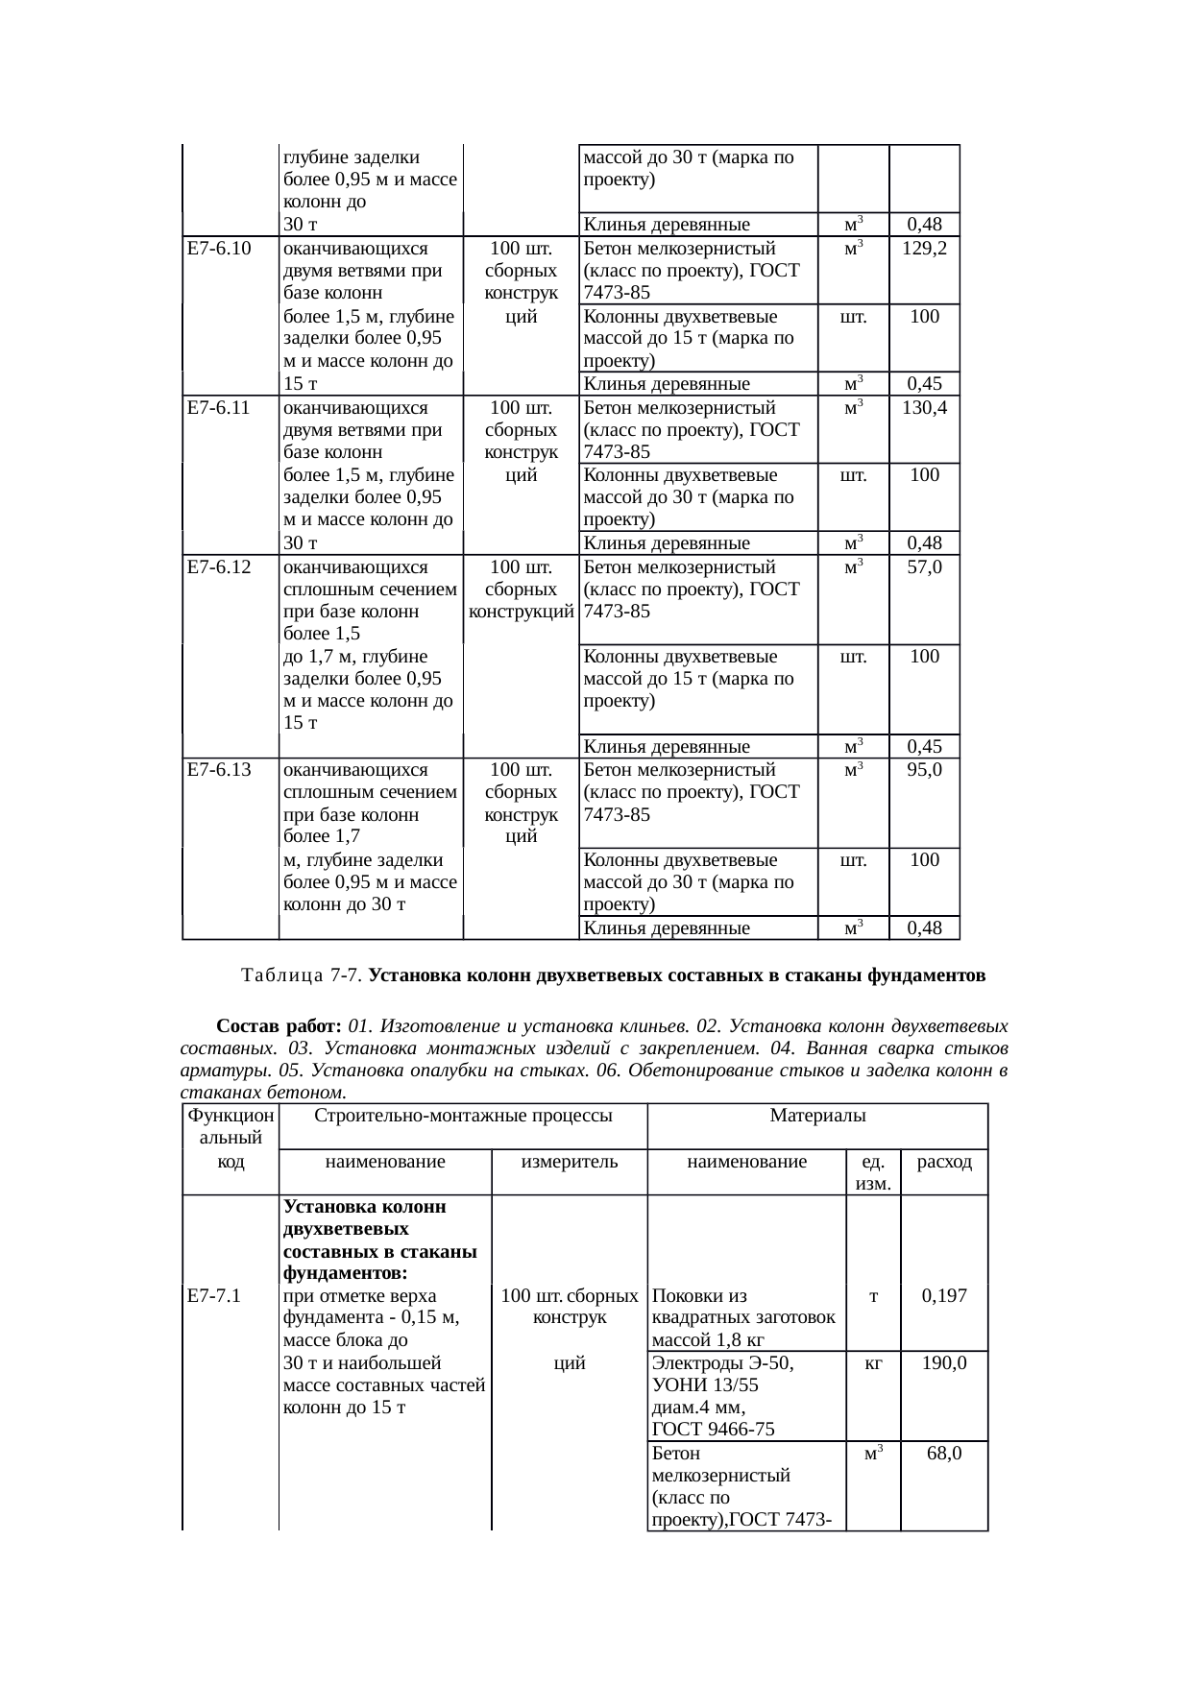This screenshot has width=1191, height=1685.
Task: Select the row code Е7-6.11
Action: (219, 407)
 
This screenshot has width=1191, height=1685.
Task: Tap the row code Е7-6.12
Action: (219, 566)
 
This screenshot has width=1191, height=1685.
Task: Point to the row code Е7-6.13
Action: (219, 769)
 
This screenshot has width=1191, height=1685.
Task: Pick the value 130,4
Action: (924, 407)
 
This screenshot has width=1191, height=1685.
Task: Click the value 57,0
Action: (924, 566)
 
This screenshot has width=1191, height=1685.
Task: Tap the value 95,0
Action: (924, 769)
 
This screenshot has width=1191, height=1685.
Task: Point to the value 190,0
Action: (943, 1362)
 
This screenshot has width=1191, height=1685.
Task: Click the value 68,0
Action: (943, 1454)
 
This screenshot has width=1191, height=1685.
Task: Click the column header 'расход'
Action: (944, 1162)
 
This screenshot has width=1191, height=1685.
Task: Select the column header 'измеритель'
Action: (569, 1162)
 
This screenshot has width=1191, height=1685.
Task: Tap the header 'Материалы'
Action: (817, 1116)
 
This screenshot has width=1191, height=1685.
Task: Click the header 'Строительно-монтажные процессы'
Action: (463, 1116)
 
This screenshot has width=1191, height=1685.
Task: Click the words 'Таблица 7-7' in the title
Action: (301, 976)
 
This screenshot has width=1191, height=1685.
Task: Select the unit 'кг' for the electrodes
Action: (872, 1362)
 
